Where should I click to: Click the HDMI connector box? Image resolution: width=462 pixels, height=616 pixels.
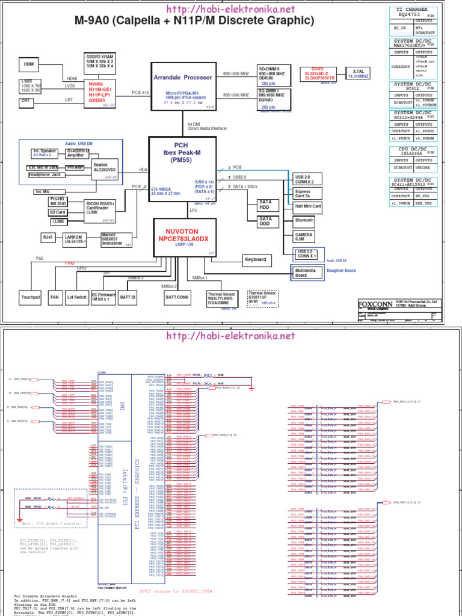[x=29, y=64]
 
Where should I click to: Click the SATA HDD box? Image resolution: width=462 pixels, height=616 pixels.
[x=265, y=205]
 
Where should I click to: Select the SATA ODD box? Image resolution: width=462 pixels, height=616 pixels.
[x=265, y=222]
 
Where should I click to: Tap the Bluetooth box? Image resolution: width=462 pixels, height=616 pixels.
[x=304, y=221]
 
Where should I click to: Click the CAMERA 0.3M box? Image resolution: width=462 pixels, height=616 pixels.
[x=304, y=236]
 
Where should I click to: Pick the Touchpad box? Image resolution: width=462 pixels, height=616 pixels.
[x=30, y=297]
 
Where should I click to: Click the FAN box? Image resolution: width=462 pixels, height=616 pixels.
[x=55, y=297]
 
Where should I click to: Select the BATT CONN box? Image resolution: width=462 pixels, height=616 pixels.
[x=177, y=297]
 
